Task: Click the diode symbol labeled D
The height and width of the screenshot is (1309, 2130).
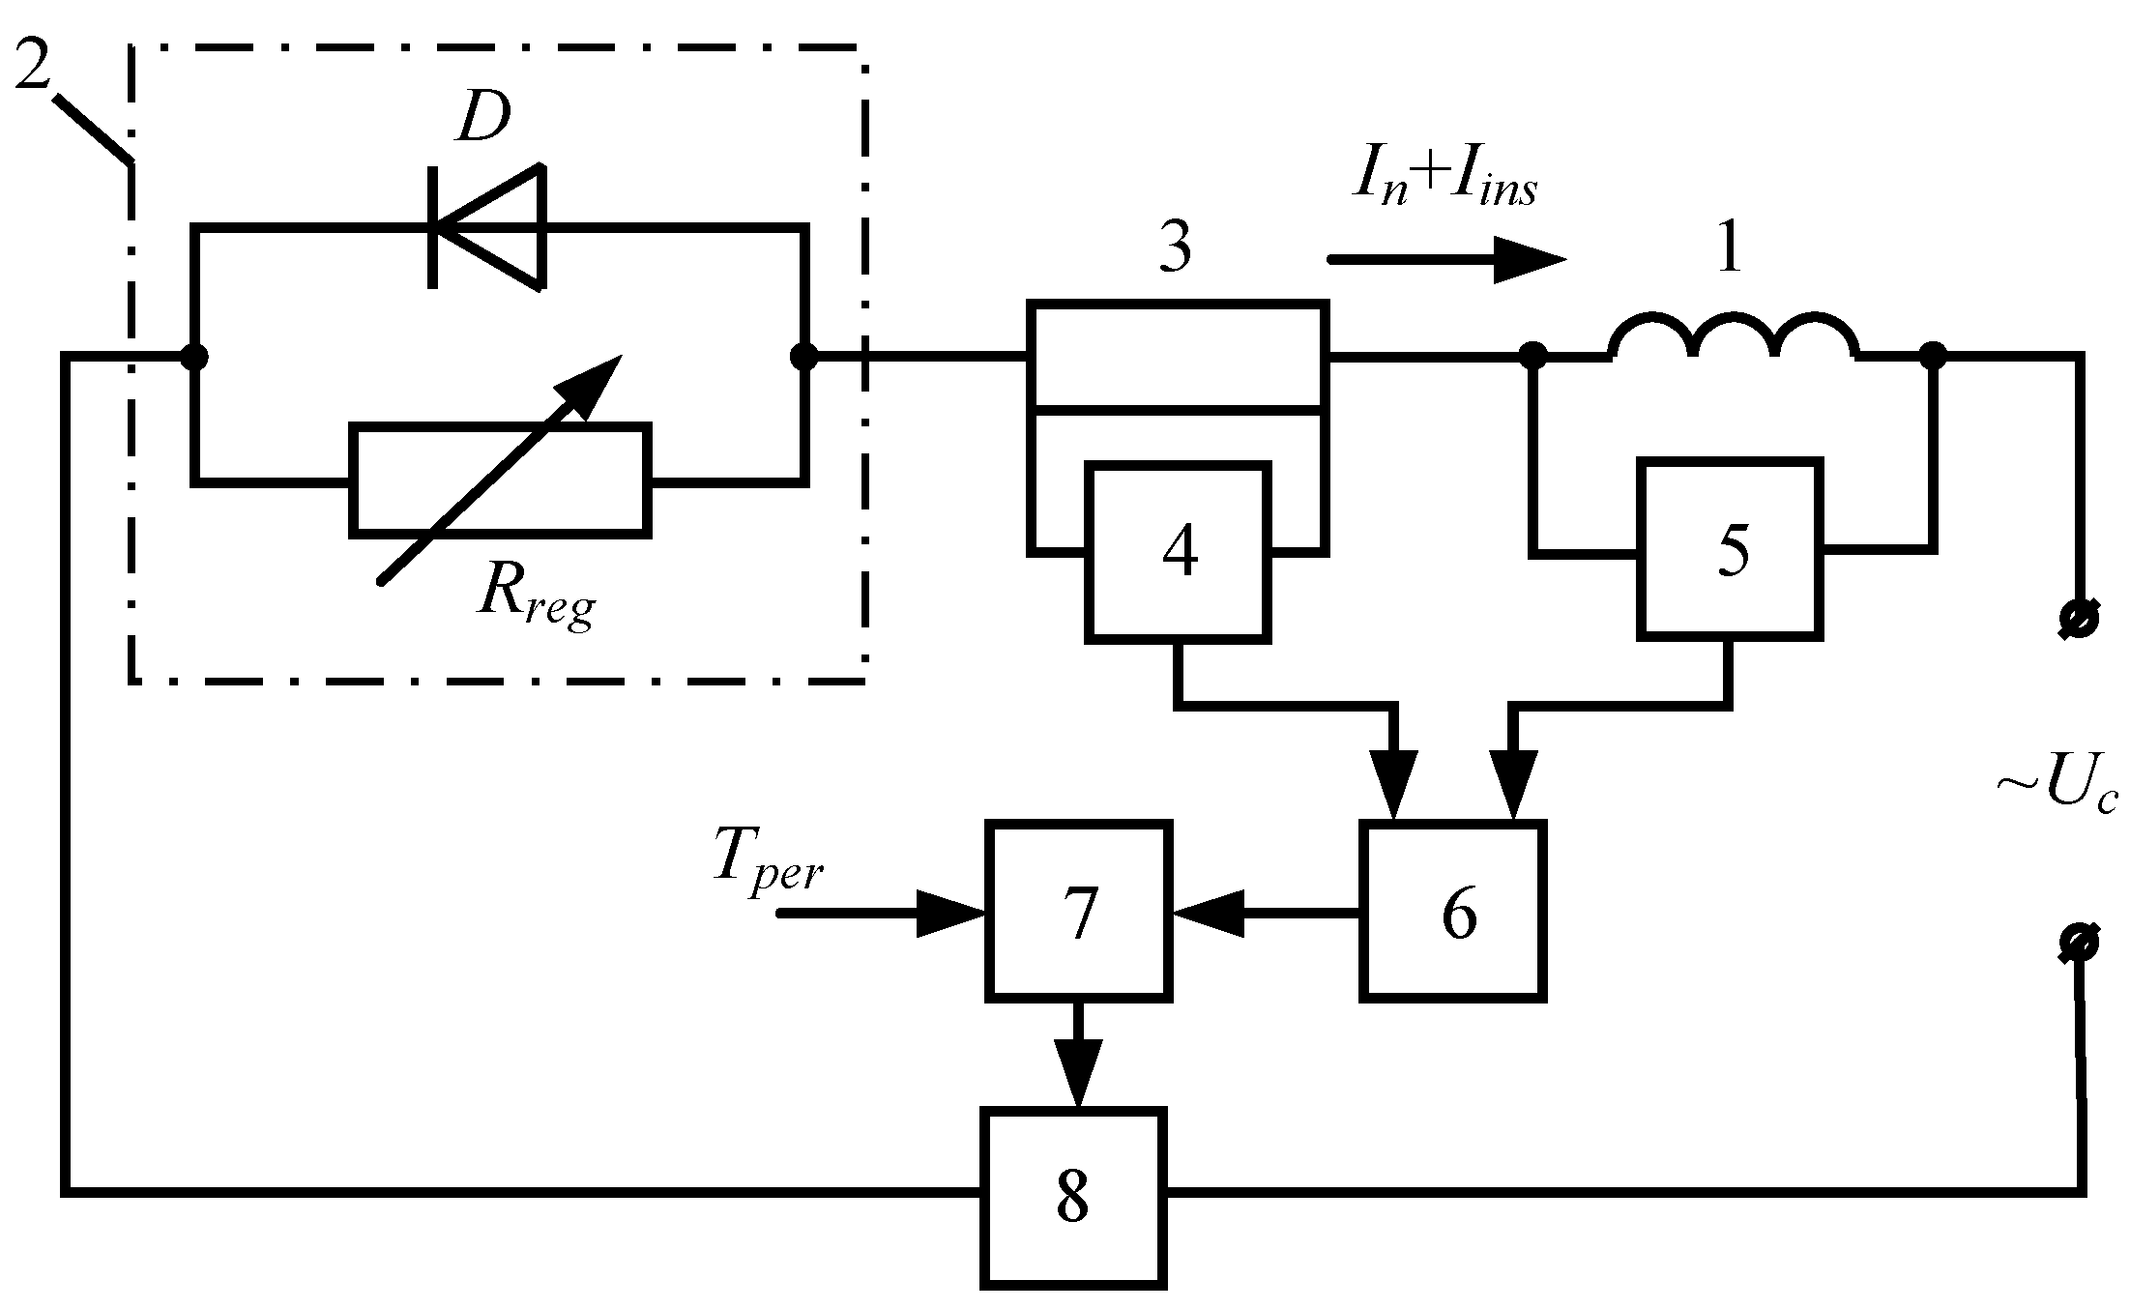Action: tap(487, 227)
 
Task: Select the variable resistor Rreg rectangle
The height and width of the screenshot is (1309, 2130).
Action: tap(500, 480)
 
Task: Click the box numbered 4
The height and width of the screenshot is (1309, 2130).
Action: tap(1178, 552)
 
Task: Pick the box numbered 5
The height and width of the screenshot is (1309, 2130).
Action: tap(1730, 550)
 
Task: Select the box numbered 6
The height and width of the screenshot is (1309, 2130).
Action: tap(1452, 911)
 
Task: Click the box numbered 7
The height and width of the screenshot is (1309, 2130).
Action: tap(1079, 911)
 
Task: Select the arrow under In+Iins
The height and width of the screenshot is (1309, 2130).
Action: tap(1446, 259)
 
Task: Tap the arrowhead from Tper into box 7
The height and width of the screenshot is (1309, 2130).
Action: tap(950, 912)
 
